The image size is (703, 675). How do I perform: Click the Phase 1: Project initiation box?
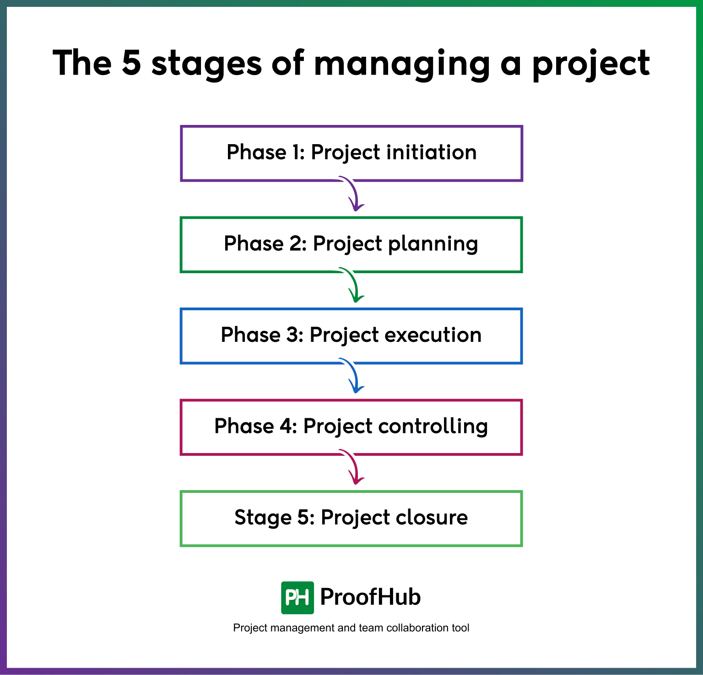351,153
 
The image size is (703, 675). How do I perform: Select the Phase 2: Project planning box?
351,245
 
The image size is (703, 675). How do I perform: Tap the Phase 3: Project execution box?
351,336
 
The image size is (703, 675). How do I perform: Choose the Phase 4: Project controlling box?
351,427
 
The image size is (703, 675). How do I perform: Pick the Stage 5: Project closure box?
351,518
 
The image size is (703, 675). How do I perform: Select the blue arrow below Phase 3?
353,377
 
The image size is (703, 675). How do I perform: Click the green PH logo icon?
297,598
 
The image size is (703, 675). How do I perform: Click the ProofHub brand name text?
370,597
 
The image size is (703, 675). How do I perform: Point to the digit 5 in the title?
131,63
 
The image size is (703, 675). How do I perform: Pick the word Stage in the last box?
263,518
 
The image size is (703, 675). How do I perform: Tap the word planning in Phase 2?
433,244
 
